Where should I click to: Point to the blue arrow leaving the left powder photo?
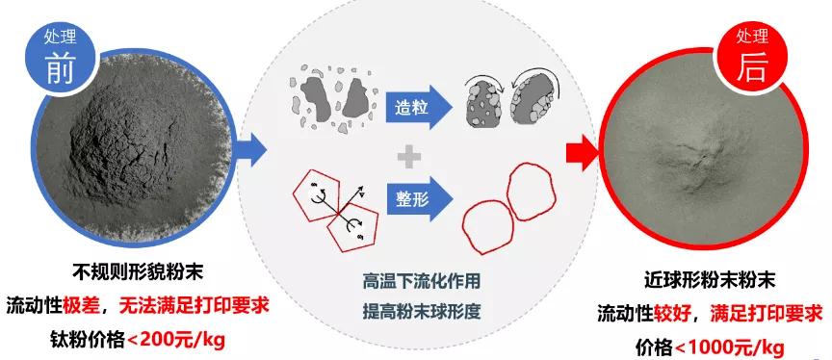252,150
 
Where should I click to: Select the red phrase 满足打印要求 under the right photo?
766,314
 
